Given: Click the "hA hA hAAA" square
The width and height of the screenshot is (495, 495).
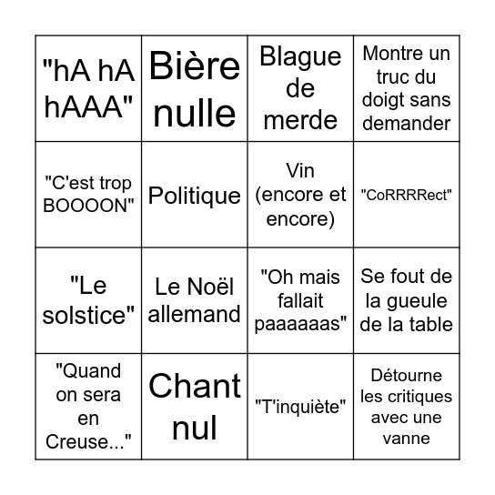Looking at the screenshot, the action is click(88, 88).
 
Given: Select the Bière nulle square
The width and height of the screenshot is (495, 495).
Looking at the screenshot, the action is click(195, 88).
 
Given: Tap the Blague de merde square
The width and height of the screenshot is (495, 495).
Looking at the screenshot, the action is click(300, 88).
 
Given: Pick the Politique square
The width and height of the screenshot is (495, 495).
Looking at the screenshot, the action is click(195, 195).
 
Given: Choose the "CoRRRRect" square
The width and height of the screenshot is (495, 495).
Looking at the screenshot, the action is click(407, 195).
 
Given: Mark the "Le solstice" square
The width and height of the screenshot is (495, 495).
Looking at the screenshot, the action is click(88, 300).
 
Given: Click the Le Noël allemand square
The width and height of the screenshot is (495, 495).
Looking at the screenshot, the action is click(195, 300).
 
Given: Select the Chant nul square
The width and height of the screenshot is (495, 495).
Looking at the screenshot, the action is click(195, 407).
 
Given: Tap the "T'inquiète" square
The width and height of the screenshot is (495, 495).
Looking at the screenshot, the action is click(300, 407).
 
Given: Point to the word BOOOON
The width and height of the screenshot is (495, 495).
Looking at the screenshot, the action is click(88, 206).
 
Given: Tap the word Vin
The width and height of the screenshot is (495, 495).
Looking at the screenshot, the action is click(300, 171).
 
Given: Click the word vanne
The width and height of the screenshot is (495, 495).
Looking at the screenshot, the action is click(406, 439).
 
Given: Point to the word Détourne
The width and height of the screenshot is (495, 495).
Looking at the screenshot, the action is click(406, 375).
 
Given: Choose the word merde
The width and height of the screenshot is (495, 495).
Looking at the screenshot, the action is click(300, 120).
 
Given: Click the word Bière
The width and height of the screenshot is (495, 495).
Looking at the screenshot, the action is click(195, 66).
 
